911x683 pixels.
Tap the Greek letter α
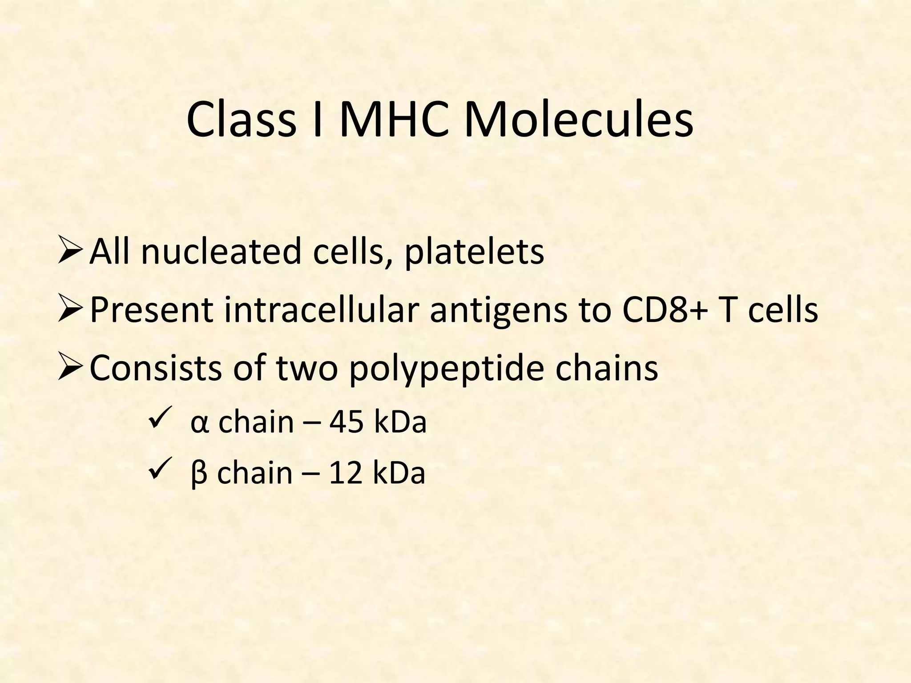tap(198, 423)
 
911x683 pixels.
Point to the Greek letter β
tap(198, 474)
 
